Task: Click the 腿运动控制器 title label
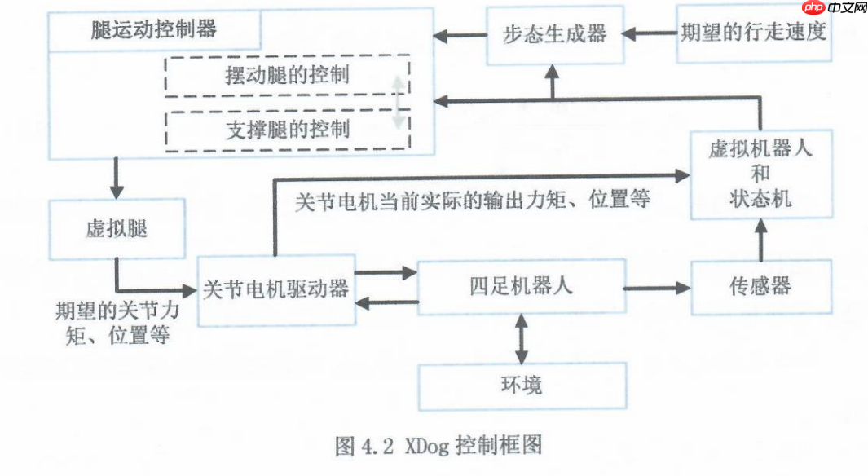[155, 30]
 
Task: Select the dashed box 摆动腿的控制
[287, 76]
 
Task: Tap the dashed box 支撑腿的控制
[287, 129]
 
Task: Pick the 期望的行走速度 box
[754, 33]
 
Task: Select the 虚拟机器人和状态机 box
[761, 174]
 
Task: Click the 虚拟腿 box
[117, 229]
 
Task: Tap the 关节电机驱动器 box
[276, 289]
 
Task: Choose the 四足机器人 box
[521, 286]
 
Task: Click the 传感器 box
[760, 286]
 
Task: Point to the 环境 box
[522, 386]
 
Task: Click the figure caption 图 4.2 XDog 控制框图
[438, 445]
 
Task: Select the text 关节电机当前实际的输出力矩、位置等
[472, 200]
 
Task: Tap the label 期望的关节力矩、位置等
[117, 324]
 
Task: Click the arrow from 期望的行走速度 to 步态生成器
[649, 34]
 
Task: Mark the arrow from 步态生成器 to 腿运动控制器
[460, 35]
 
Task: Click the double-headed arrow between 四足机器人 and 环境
[522, 338]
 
